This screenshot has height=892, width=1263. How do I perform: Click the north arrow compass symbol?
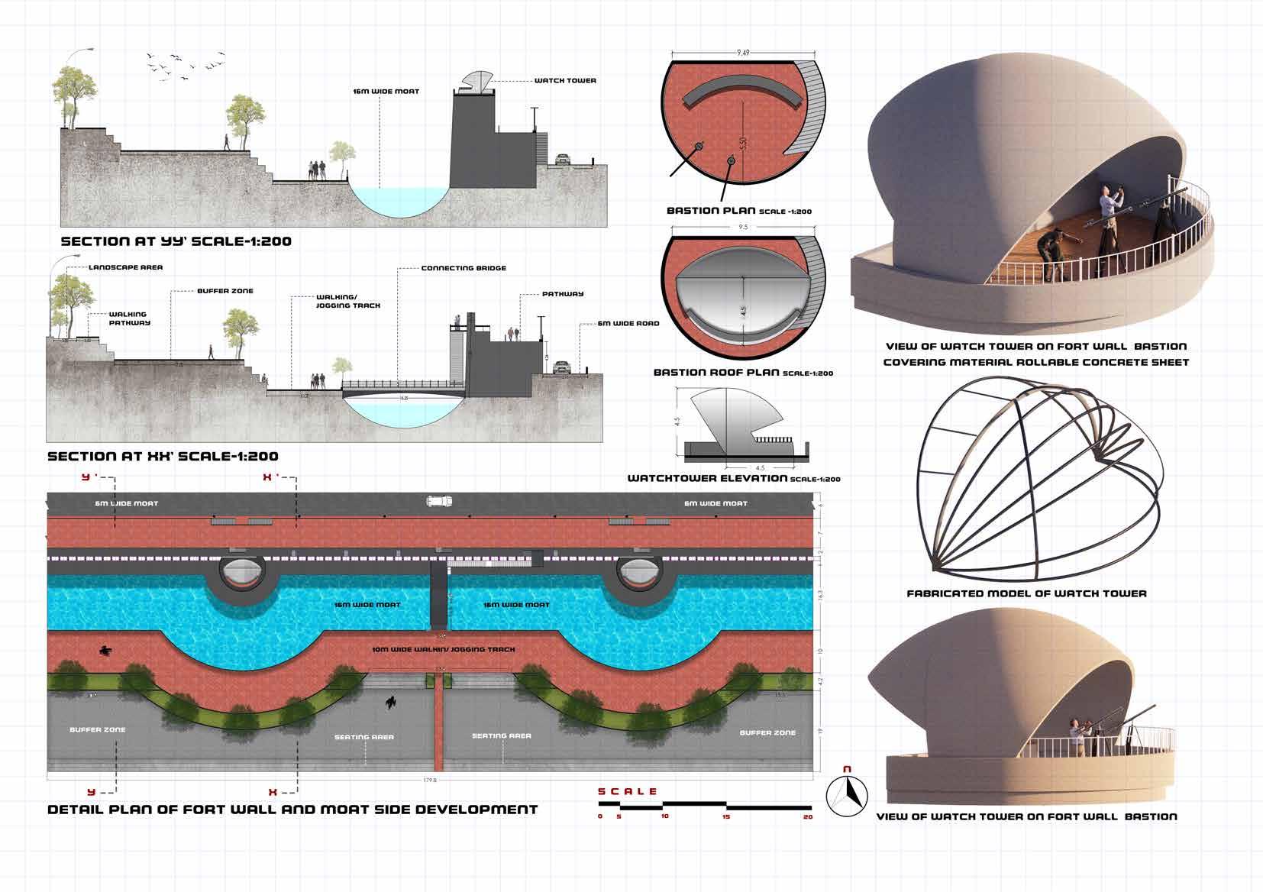click(847, 795)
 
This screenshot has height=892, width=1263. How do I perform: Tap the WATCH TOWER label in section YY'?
click(565, 80)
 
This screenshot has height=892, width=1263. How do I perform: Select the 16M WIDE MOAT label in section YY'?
click(386, 92)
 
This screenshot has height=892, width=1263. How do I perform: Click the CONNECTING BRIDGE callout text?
click(464, 268)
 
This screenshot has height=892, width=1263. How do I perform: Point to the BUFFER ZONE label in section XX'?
click(225, 291)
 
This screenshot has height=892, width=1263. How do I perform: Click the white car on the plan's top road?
click(439, 502)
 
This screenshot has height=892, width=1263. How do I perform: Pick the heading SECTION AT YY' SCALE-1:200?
click(176, 241)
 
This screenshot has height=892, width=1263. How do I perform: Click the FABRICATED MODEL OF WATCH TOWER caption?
click(1026, 593)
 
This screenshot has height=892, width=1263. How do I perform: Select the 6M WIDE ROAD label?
click(628, 323)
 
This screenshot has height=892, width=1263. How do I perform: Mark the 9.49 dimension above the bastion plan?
click(744, 53)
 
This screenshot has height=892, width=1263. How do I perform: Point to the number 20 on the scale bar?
click(808, 817)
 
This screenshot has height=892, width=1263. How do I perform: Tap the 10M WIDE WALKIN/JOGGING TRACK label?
click(443, 649)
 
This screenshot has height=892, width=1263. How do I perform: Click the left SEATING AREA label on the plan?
click(364, 737)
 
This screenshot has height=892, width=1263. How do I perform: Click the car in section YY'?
click(563, 160)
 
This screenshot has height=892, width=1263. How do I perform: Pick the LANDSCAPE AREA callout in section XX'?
click(125, 267)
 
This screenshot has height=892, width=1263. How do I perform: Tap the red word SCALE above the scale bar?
click(628, 791)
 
